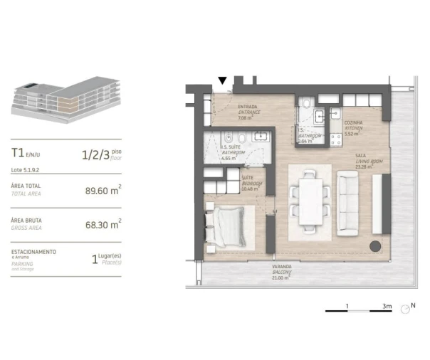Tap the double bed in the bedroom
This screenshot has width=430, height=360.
point(226,226)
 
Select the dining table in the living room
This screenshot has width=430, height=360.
point(311,198)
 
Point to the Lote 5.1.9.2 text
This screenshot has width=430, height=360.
point(27,170)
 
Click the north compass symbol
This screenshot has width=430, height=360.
point(406,309)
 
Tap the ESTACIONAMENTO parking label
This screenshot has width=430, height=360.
point(33,253)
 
